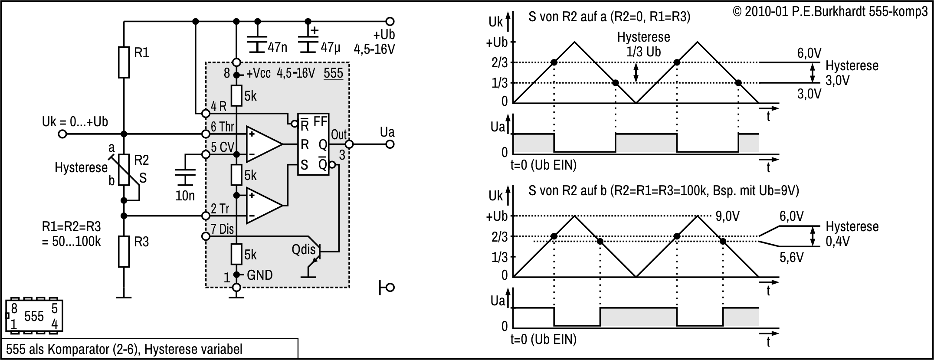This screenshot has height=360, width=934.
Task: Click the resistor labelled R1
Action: [124, 62]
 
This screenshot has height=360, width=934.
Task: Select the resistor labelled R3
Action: [124, 252]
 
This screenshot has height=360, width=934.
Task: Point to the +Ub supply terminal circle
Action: [390, 21]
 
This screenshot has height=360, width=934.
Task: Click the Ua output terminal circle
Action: [390, 144]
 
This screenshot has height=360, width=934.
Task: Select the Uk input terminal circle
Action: [62, 134]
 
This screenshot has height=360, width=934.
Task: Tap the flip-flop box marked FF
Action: [313, 144]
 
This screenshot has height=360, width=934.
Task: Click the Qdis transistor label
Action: [304, 249]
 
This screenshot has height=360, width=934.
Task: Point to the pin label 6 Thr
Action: [222, 127]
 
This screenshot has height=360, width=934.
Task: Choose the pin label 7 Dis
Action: [222, 229]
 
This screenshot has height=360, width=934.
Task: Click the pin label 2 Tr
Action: [220, 209]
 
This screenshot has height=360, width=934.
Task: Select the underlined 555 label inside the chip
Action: [333, 73]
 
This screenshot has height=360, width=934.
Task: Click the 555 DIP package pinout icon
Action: [34, 316]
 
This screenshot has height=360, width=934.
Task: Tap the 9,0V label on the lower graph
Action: [728, 216]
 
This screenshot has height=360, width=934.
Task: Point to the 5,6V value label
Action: [791, 258]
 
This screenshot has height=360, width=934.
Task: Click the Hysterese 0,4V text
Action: [852, 233]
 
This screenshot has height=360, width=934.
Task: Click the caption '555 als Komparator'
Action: [124, 349]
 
